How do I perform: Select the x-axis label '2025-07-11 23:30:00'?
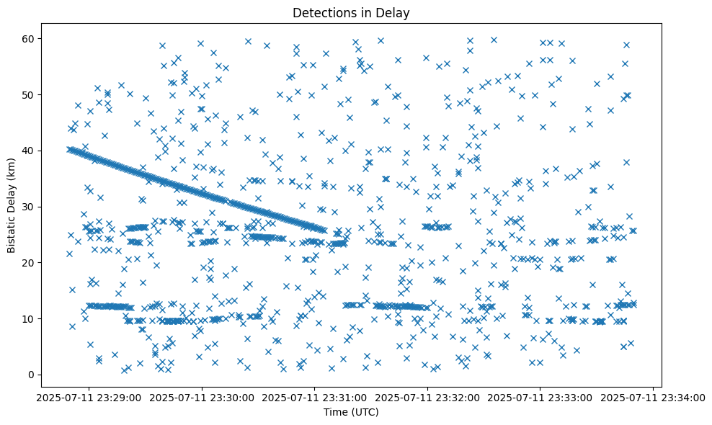(x=202, y=397)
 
